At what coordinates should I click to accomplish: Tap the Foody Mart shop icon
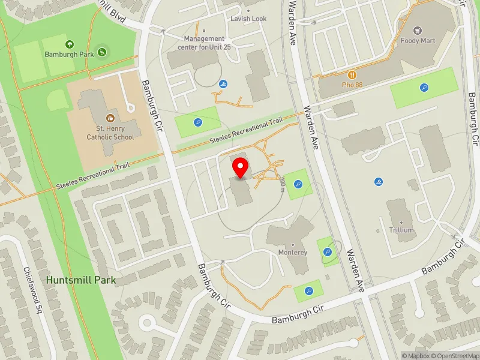[x=419, y=30]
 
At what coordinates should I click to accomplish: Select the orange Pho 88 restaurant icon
[x=353, y=75]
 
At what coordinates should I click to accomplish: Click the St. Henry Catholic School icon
[x=110, y=118]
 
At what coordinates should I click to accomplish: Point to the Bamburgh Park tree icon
[x=70, y=44]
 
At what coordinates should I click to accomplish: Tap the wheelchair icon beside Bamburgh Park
[x=102, y=52]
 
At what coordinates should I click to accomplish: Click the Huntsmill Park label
[x=80, y=280]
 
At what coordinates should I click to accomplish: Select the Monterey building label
[x=293, y=253]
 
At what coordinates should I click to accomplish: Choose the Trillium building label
[x=401, y=230]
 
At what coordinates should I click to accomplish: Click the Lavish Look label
[x=248, y=19]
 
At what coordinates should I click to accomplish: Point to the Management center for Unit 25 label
[x=204, y=43]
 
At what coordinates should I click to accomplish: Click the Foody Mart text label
[x=419, y=41]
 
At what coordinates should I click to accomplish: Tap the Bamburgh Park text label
[x=69, y=54]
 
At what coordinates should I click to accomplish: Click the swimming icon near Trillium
[x=379, y=182]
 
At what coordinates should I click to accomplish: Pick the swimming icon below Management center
[x=223, y=84]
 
